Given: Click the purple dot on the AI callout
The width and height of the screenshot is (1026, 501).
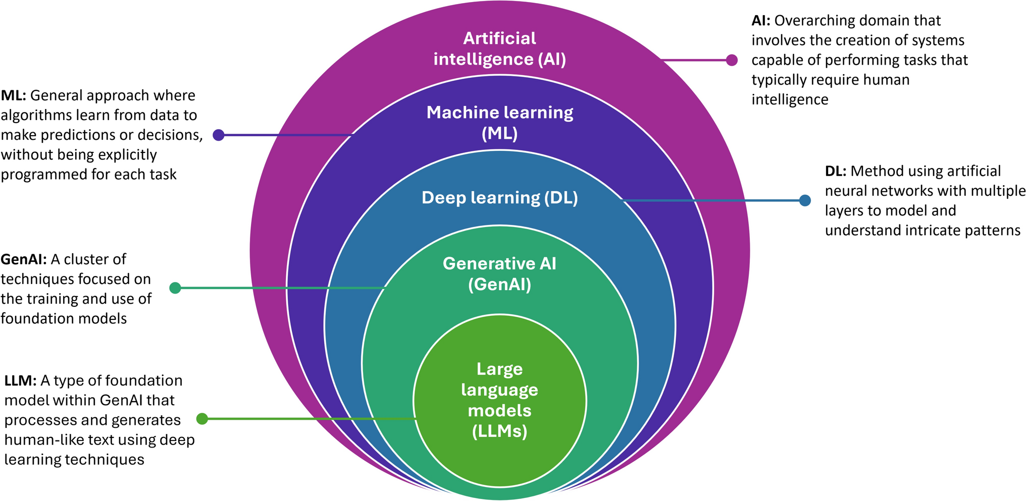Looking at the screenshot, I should click(732, 60).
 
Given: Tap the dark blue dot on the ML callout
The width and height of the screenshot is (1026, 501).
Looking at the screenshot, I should click(218, 135).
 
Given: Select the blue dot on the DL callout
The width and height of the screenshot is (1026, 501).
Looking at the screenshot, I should click(805, 200).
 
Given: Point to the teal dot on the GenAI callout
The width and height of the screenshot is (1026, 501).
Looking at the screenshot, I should click(175, 288).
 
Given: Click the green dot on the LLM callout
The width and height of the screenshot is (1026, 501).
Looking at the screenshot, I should click(202, 419).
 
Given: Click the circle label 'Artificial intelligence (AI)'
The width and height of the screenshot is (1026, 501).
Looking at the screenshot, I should click(499, 49).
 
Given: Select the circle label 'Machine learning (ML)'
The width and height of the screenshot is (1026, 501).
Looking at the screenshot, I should click(499, 123).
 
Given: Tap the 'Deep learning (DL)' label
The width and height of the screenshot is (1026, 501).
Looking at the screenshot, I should click(499, 198).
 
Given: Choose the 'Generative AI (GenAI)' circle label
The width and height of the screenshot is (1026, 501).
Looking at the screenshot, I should click(499, 274).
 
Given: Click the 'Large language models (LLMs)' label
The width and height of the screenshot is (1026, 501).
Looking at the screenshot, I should click(499, 400).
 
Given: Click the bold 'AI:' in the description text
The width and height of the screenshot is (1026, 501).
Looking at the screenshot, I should click(761, 21).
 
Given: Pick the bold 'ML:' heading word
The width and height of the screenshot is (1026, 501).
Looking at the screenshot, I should click(14, 95).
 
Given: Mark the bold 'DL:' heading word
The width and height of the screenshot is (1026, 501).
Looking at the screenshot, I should click(836, 172).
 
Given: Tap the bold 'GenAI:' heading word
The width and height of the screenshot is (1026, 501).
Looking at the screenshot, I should click(24, 259).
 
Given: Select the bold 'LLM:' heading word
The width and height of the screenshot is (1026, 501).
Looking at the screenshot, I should click(20, 380).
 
